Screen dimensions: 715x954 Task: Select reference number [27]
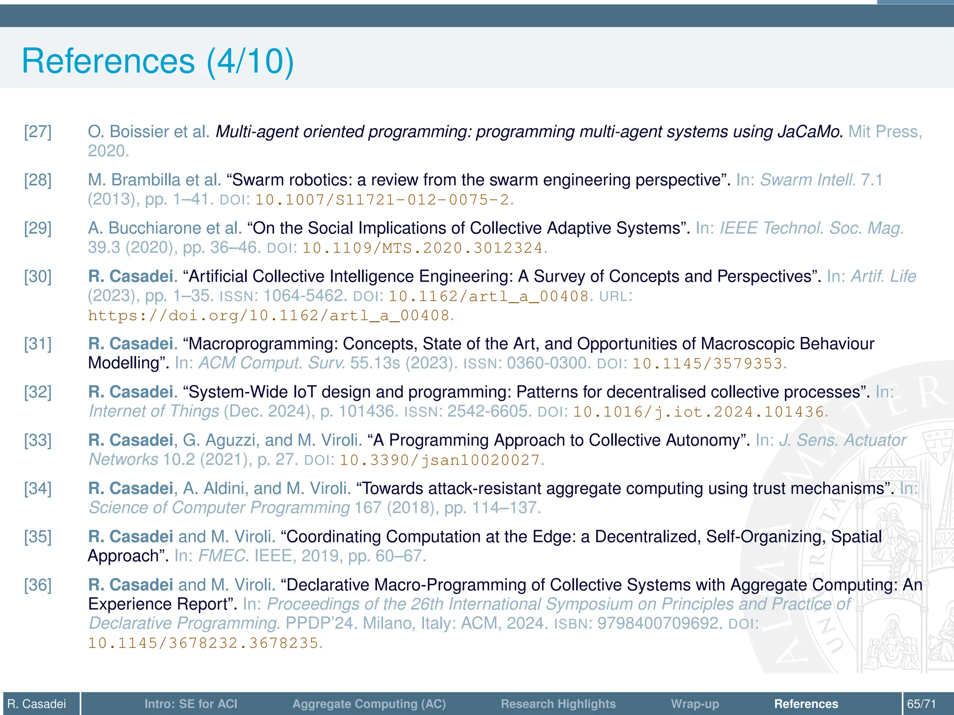click(38, 132)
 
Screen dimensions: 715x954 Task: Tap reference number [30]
click(38, 277)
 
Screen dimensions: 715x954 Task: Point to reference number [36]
click(38, 585)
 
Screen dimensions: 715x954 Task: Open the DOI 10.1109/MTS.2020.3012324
click(422, 248)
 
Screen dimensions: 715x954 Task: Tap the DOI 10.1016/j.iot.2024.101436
click(698, 412)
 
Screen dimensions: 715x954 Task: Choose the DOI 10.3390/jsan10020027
click(439, 460)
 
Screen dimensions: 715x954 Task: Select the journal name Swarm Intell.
click(808, 180)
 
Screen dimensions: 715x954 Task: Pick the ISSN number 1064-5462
click(303, 296)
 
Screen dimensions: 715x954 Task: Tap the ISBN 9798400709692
click(659, 623)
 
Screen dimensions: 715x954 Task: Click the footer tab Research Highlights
click(558, 704)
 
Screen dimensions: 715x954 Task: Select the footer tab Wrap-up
click(695, 704)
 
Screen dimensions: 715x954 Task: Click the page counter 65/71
click(921, 704)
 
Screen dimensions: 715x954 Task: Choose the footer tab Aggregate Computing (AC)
click(369, 704)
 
